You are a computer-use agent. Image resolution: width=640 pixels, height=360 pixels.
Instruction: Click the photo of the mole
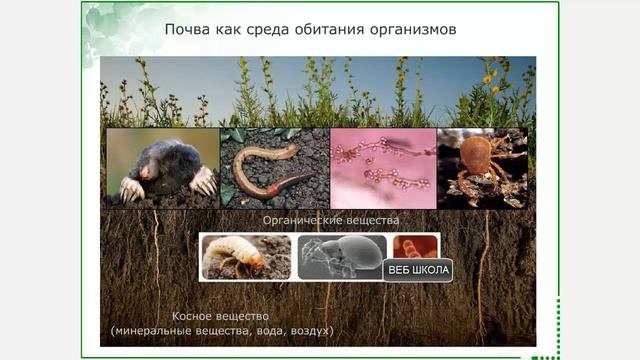click(x=162, y=168)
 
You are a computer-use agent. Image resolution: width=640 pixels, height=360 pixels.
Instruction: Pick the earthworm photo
click(x=274, y=168)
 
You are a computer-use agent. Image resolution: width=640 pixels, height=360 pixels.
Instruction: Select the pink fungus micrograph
click(x=383, y=168)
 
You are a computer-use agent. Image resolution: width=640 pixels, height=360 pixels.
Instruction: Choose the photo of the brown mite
click(x=481, y=166)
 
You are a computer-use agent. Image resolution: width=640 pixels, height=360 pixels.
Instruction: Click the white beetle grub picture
click(x=245, y=257)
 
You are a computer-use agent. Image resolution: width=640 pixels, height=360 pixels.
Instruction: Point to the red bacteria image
click(x=414, y=247)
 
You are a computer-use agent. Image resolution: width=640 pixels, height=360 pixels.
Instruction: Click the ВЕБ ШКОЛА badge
click(x=418, y=270)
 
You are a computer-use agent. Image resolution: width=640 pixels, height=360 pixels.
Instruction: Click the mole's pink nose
click(x=146, y=172)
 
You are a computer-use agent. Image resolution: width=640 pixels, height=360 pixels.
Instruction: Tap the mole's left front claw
click(x=131, y=189)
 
